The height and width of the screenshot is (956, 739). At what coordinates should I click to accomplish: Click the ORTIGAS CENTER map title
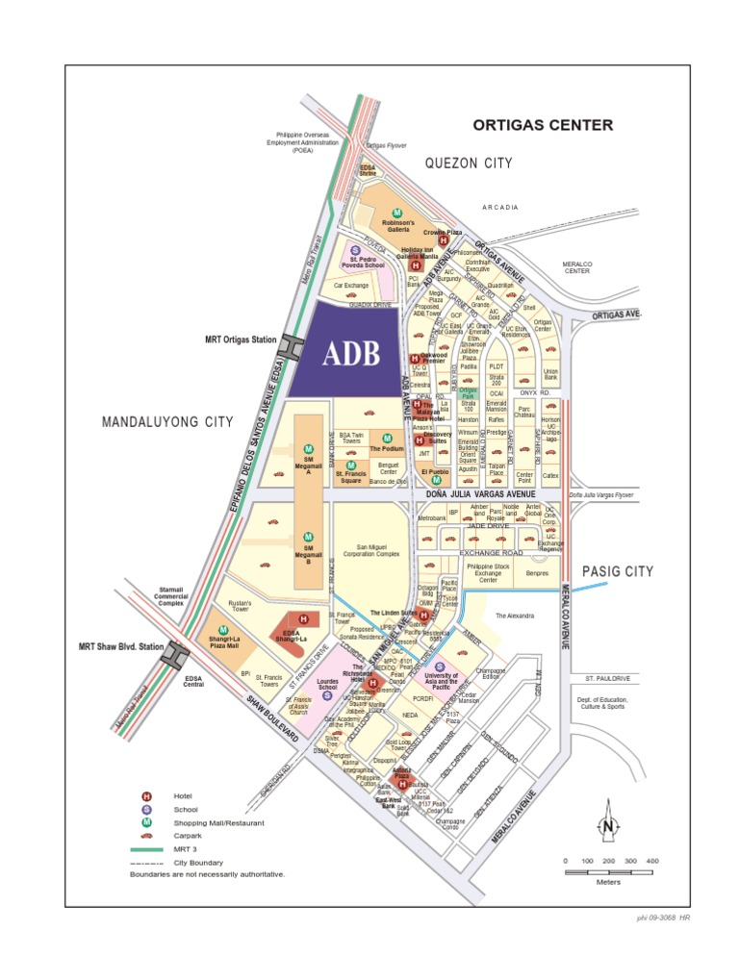542,125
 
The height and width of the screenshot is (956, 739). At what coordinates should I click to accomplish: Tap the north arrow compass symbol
607,825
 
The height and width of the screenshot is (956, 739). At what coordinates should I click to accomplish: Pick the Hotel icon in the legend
146,796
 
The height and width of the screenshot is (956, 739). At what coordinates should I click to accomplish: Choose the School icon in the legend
146,810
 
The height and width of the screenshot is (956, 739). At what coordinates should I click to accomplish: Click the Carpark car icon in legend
146,837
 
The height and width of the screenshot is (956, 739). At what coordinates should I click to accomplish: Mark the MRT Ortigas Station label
240,340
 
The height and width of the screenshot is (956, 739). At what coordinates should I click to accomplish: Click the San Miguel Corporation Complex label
371,550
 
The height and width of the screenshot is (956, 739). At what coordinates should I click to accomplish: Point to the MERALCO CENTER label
577,267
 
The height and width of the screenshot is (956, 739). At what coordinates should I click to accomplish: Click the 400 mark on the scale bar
652,860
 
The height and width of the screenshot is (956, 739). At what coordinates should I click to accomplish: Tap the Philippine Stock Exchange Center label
488,573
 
